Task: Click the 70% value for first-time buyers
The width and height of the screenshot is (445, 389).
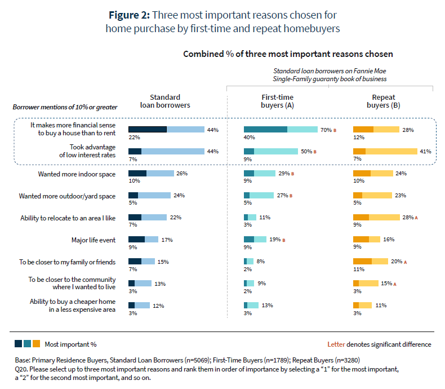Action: click(x=326, y=130)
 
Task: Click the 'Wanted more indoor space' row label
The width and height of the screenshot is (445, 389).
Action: click(x=77, y=174)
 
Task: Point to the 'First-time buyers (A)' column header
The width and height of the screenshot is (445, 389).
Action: click(x=278, y=101)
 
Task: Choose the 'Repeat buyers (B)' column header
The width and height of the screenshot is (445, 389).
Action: click(x=386, y=101)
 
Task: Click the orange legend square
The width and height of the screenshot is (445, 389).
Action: click(x=37, y=343)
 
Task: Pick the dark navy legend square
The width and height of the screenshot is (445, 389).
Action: click(x=19, y=343)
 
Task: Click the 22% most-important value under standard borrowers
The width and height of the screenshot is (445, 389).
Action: click(x=133, y=138)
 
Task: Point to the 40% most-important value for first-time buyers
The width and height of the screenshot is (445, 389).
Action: click(x=249, y=138)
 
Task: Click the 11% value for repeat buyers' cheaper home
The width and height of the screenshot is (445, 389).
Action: click(x=381, y=305)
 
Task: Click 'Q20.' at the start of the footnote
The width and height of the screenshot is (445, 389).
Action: click(x=22, y=369)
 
